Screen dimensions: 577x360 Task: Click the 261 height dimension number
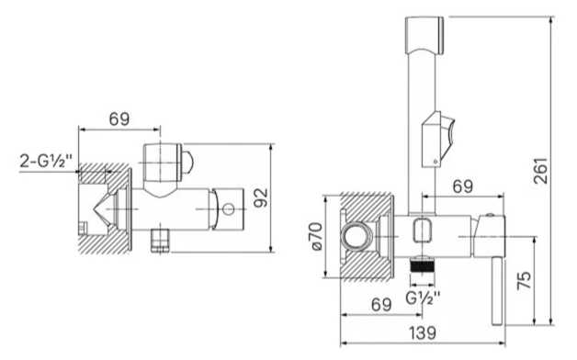coord(540,171)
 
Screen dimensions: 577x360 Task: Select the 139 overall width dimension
coord(423,332)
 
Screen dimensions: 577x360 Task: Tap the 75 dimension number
coord(525,280)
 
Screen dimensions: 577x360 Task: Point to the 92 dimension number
coord(261,197)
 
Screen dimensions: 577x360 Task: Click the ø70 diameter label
coord(317,236)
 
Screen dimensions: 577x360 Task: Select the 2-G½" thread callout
coord(46,161)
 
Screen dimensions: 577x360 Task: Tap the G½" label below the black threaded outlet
coord(423,298)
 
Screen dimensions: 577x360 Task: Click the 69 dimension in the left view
coord(119,118)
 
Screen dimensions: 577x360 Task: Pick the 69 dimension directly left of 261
coord(462,186)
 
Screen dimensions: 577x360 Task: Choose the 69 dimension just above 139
coord(381,305)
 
